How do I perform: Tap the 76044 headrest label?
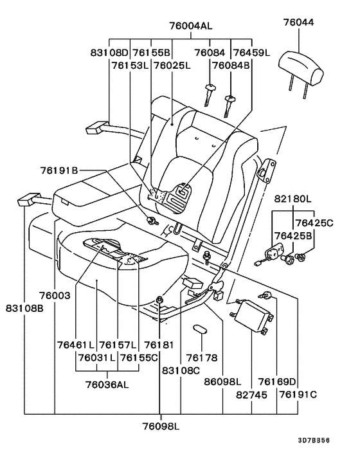[299, 23]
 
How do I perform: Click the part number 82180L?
[293, 200]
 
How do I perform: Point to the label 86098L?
[223, 382]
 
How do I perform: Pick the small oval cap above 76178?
[200, 329]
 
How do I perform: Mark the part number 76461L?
[75, 345]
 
